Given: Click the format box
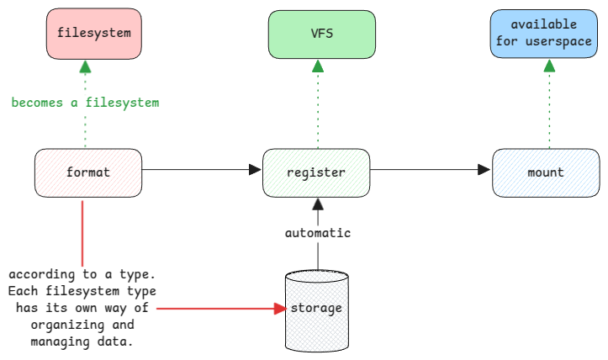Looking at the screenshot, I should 87,172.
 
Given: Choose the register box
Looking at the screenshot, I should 316,172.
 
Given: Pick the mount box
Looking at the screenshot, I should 546,172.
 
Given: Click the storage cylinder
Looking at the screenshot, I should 316,309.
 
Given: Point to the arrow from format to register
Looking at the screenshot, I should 202,170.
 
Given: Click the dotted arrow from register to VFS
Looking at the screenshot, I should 317,105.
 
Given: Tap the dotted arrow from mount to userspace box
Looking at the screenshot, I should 548,105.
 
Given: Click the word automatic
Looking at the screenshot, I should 317,233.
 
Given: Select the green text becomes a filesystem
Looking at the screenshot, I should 85,103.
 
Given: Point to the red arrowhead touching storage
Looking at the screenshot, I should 280,309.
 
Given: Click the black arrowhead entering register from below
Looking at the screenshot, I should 317,203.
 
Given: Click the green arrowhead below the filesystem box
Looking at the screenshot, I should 85,66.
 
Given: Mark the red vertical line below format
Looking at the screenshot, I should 82,231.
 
